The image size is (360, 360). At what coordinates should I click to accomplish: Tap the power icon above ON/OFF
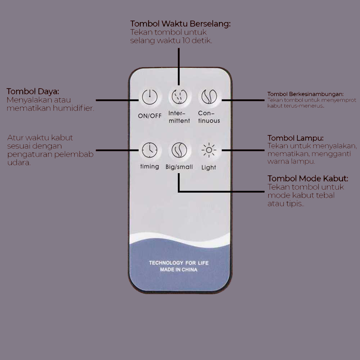(150, 97)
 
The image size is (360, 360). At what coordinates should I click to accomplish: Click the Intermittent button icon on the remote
(179, 96)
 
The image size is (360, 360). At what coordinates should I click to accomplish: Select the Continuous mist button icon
(209, 96)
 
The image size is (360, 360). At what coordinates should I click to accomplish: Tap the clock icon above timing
(150, 150)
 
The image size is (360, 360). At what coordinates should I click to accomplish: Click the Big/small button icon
(179, 150)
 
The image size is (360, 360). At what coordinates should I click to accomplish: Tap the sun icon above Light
(209, 150)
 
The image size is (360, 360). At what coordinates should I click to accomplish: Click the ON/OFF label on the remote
(150, 116)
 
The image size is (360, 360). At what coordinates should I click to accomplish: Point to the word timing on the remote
(150, 166)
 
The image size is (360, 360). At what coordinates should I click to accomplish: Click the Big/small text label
(179, 167)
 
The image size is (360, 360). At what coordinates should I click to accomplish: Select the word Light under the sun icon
(209, 167)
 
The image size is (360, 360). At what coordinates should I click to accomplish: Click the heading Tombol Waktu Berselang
(180, 24)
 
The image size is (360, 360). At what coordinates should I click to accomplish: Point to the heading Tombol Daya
(33, 91)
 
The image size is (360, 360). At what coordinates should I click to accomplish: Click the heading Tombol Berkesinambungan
(305, 94)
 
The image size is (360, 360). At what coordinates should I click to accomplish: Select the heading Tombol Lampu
(296, 138)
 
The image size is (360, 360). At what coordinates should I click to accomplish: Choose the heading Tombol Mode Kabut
(308, 179)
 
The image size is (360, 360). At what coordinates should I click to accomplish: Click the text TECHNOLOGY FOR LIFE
(179, 263)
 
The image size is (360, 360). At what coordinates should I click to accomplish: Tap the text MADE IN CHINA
(179, 270)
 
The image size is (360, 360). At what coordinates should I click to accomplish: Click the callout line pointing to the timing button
(117, 150)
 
